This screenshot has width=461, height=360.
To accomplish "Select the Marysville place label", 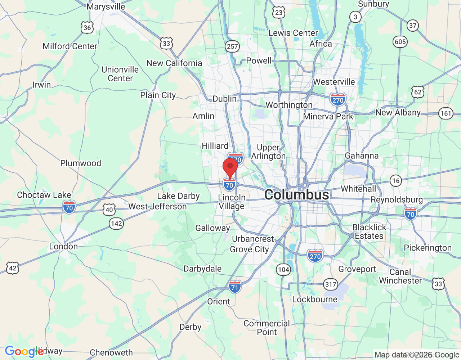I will [106, 6].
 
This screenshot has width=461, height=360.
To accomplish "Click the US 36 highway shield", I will [87, 28].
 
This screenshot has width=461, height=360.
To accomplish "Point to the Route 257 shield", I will [232, 46].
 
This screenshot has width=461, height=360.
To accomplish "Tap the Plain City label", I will [158, 95].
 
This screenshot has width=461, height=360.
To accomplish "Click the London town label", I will [63, 247].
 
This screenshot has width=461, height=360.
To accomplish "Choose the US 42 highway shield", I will [13, 268].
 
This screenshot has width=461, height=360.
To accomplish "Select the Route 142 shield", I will [116, 224].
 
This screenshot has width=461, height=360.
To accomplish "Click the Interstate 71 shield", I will [235, 287].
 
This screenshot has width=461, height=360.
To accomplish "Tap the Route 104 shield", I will [283, 269].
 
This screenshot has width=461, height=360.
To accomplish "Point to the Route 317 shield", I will [330, 284].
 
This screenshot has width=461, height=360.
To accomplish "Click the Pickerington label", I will [428, 248].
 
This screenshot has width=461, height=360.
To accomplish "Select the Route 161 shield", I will [446, 114].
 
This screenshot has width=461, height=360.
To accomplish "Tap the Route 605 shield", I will [400, 42].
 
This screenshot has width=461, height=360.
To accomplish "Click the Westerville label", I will [334, 82].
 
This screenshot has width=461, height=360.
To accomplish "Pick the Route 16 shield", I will [396, 180].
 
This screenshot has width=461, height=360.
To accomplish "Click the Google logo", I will [24, 352].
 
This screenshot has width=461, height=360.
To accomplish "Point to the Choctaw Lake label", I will [44, 195].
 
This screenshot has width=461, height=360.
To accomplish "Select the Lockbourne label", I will [315, 299].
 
